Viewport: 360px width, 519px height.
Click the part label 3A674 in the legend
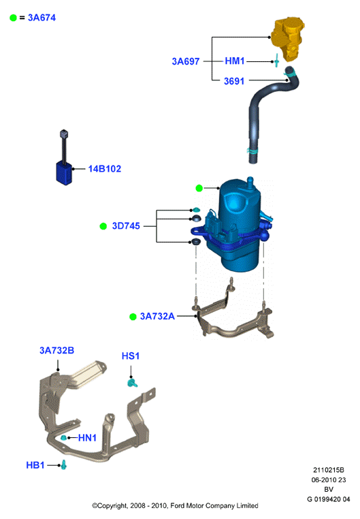(x=42, y=18)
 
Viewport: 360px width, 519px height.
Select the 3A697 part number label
(x=186, y=61)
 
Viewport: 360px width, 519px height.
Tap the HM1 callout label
(x=235, y=61)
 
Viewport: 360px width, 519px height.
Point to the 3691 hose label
(x=234, y=81)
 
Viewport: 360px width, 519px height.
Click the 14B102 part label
(x=105, y=169)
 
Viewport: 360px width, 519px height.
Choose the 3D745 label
(x=126, y=225)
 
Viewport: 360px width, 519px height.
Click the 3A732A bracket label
(x=157, y=316)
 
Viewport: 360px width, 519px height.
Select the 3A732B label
(x=57, y=350)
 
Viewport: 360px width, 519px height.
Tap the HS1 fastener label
(x=131, y=356)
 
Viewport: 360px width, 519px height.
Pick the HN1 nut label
(x=87, y=438)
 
